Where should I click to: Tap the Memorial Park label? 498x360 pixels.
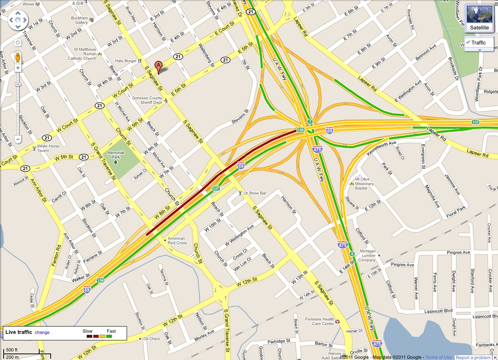pyautogui.click(x=116, y=155)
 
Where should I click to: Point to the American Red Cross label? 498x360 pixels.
pyautogui.click(x=177, y=240)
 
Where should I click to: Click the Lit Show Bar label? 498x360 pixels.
pyautogui.click(x=255, y=193)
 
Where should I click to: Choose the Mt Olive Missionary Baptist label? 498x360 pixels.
pyautogui.click(x=364, y=184)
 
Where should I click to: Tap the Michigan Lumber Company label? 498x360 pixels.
pyautogui.click(x=367, y=256)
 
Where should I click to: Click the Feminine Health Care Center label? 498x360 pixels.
pyautogui.click(x=320, y=321)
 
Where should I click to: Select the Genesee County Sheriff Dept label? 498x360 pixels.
pyautogui.click(x=147, y=100)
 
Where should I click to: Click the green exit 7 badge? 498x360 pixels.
pyautogui.click(x=310, y=122)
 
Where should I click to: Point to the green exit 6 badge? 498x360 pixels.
pyautogui.click(x=352, y=254)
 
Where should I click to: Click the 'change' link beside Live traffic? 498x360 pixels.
pyautogui.click(x=42, y=332)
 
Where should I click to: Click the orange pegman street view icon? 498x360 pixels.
pyautogui.click(x=18, y=57)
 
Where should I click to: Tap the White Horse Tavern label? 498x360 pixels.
pyautogui.click(x=48, y=148)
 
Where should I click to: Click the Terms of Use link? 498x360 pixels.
pyautogui.click(x=438, y=358)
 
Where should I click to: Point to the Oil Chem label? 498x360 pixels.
pyautogui.click(x=151, y=339)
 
